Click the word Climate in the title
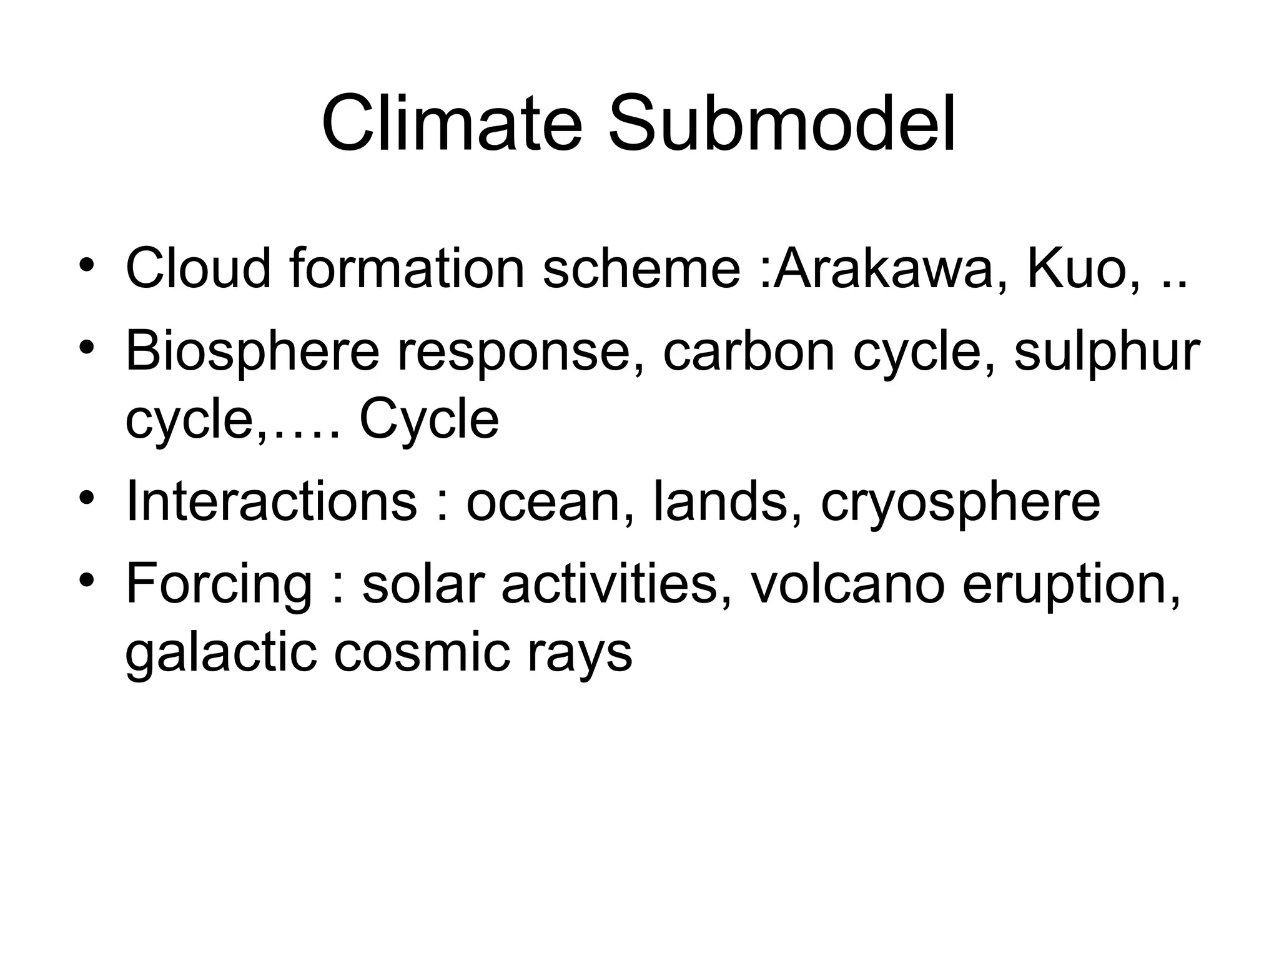coord(452,123)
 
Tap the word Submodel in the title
coord(782,123)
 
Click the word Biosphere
coord(252,352)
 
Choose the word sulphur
coord(1106,352)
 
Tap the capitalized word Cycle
coord(429,420)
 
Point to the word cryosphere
coord(960,503)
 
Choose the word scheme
coord(641,269)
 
